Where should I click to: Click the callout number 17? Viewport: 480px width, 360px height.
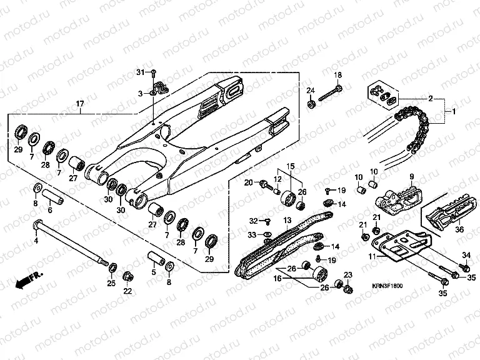coord(80,103)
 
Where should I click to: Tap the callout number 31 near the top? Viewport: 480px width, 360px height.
coord(141,74)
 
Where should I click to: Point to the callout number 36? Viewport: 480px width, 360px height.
coord(459,229)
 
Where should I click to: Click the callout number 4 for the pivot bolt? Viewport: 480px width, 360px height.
coord(36,239)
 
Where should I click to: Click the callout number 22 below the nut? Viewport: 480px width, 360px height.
coord(127,291)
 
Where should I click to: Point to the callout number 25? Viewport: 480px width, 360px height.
coord(111,284)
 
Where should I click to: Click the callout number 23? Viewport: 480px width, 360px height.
coord(348,275)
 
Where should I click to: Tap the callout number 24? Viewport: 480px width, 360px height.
coord(309,92)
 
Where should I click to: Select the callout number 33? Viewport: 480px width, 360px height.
coord(252,234)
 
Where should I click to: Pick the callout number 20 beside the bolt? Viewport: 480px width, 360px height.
coord(247,182)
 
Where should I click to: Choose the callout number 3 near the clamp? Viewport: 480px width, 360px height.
coord(141,94)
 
